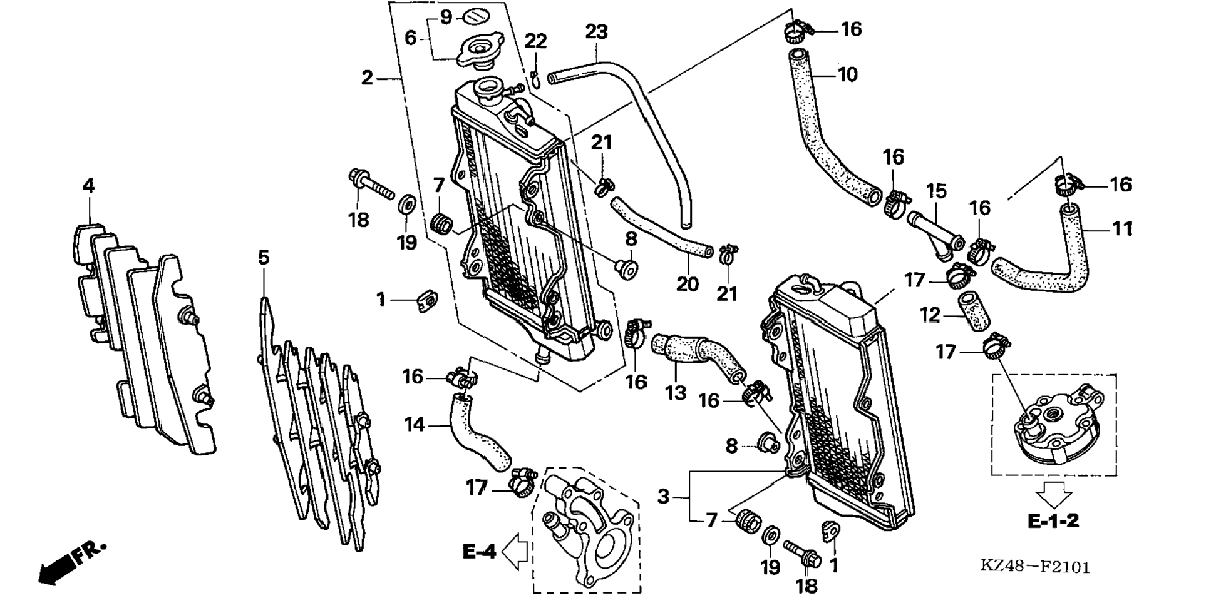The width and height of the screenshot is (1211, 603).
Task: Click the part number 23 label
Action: pyautogui.click(x=596, y=31)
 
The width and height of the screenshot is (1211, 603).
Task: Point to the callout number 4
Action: pyautogui.click(x=88, y=186)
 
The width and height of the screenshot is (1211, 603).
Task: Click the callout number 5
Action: pyautogui.click(x=264, y=257)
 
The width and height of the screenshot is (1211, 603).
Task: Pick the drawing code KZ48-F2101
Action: pyautogui.click(x=1035, y=566)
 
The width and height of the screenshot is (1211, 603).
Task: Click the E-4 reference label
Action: pyautogui.click(x=479, y=551)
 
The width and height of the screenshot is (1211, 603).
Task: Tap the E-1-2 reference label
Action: pyautogui.click(x=1053, y=520)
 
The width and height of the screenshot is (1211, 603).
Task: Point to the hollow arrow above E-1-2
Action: pyautogui.click(x=1053, y=494)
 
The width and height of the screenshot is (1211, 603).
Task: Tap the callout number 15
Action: pyautogui.click(x=937, y=191)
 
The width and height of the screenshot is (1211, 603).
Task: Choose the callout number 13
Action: pyautogui.click(x=676, y=393)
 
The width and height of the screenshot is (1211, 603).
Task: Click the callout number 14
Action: pyautogui.click(x=415, y=425)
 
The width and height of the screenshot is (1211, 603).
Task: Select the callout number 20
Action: pyautogui.click(x=687, y=284)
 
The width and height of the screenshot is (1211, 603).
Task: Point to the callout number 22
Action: pyautogui.click(x=535, y=41)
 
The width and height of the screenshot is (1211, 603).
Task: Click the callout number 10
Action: pyautogui.click(x=847, y=74)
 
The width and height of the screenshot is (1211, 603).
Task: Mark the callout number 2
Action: pyautogui.click(x=367, y=78)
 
